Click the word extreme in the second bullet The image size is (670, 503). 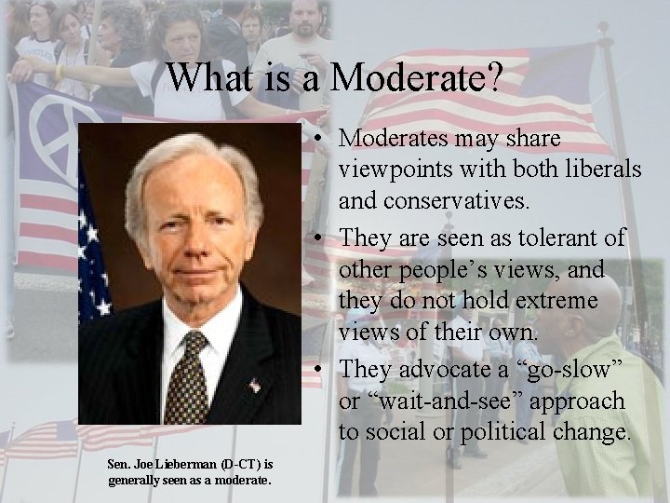click(562, 302)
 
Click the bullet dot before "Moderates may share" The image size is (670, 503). click(318, 139)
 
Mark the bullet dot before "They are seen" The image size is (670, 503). click(318, 238)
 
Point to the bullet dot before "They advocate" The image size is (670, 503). click(318, 369)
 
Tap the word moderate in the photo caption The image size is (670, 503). click(241, 480)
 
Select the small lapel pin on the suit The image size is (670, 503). click(253, 385)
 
